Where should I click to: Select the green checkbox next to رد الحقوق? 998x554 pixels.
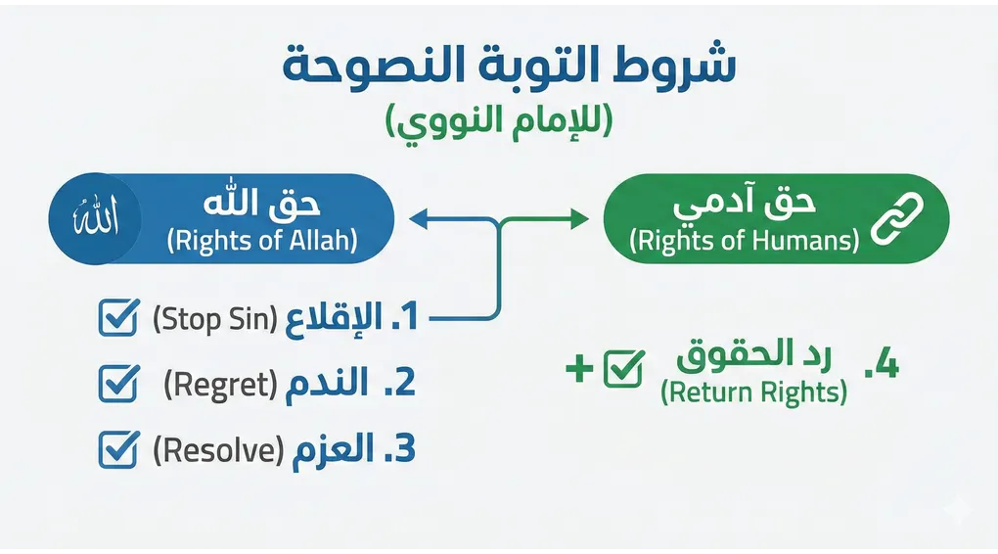pos(623,368)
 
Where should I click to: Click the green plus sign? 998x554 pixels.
pos(577,369)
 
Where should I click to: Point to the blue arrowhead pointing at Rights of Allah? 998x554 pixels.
pos(418,222)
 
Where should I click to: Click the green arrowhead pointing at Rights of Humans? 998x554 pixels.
pos(580,222)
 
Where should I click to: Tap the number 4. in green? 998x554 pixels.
pos(881,366)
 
